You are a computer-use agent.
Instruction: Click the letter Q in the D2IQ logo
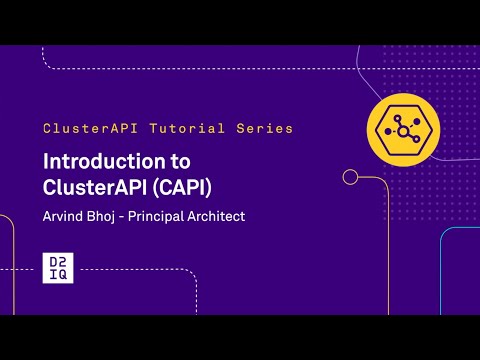pyautogui.click(x=64, y=275)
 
